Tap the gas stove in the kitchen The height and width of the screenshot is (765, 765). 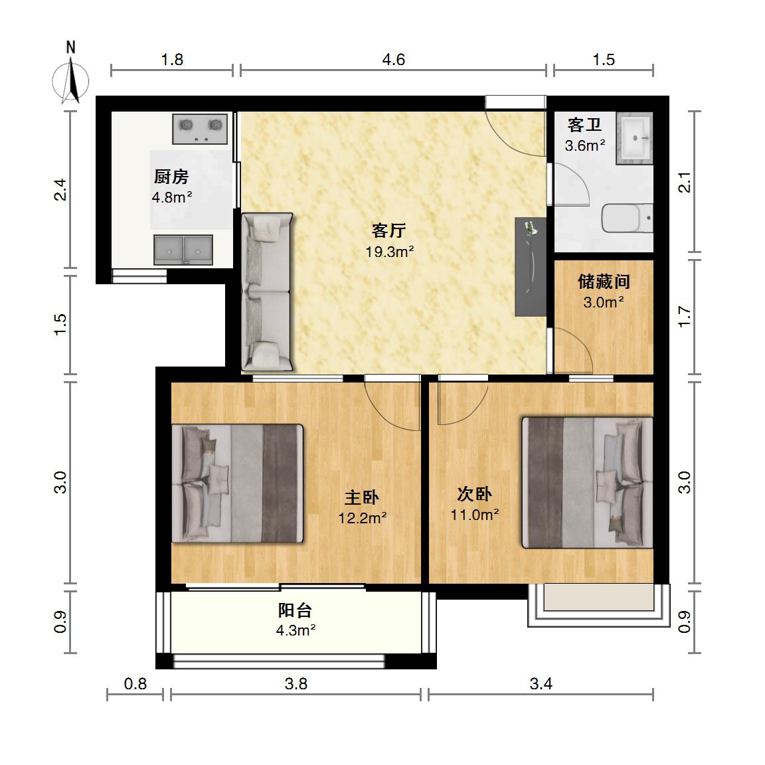pyautogui.click(x=199, y=129)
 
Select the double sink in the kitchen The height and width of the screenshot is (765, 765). pyautogui.click(x=183, y=250)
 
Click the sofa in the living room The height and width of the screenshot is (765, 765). pyautogui.click(x=268, y=292)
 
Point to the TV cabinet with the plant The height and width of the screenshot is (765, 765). pyautogui.click(x=531, y=266)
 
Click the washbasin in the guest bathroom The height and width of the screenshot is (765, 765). pyautogui.click(x=634, y=138)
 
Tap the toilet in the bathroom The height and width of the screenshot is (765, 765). pyautogui.click(x=627, y=218)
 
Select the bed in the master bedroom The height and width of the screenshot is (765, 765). pyautogui.click(x=238, y=483)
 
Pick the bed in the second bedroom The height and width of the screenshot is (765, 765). pyautogui.click(x=588, y=483)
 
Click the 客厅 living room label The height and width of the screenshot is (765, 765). pyautogui.click(x=388, y=230)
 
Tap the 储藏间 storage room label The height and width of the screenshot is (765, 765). pyautogui.click(x=604, y=282)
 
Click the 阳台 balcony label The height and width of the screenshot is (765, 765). pyautogui.click(x=295, y=610)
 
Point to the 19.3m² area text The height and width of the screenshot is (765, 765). pyautogui.click(x=390, y=252)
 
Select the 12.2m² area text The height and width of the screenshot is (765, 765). pyautogui.click(x=363, y=518)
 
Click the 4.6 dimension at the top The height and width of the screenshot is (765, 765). pyautogui.click(x=393, y=60)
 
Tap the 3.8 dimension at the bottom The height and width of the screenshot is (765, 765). pyautogui.click(x=296, y=683)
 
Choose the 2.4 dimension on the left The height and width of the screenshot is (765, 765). pyautogui.click(x=60, y=190)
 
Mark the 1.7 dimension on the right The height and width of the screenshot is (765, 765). pyautogui.click(x=685, y=317)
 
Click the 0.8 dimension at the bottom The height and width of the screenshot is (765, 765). pyautogui.click(x=135, y=683)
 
